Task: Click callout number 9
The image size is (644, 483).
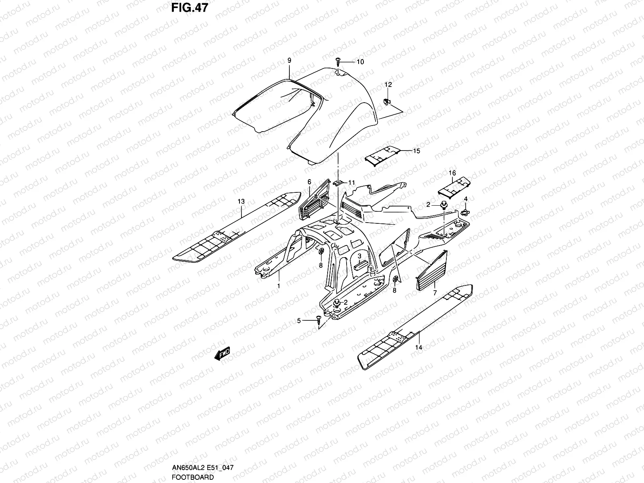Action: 289,60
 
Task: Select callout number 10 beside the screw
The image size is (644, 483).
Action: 360,62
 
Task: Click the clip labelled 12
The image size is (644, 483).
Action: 387,100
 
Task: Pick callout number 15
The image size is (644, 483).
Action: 416,151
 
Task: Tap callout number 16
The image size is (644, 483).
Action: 452,173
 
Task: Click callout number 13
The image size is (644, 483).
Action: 241,201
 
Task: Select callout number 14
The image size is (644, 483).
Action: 419,347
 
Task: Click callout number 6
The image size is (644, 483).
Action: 309,182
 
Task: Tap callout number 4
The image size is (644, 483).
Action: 466,199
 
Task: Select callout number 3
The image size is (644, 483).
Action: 359,256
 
